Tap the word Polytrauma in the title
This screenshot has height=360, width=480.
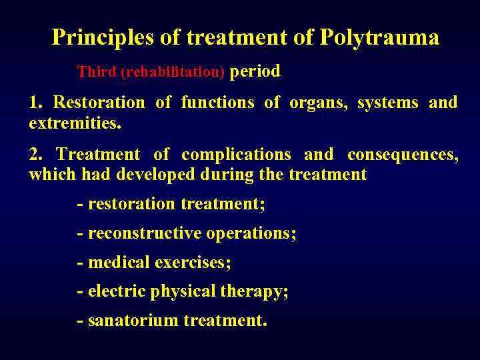379,37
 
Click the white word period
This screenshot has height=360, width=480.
255,71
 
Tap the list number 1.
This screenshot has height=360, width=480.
35,103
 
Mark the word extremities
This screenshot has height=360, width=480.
75,123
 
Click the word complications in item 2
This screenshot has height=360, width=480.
236,155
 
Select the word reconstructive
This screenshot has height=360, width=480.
145,233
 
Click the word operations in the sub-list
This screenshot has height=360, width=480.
251,233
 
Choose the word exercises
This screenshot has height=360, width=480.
193,263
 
